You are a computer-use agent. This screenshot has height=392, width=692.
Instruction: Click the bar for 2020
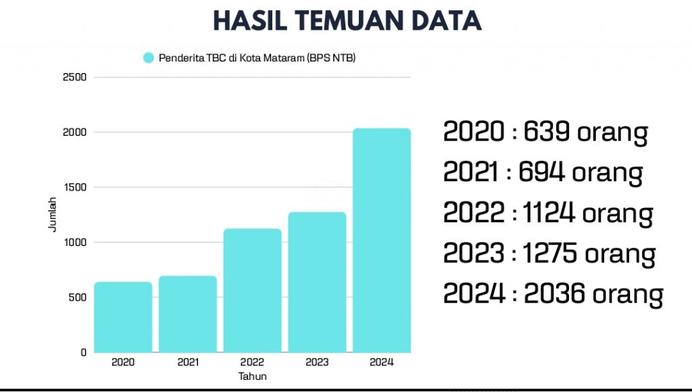123,317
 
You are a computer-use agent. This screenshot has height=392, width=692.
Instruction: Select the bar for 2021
188,314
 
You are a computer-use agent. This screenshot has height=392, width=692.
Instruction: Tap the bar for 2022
253,291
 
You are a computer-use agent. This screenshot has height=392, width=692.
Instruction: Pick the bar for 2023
318,282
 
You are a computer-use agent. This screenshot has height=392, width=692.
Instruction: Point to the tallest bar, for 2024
382,241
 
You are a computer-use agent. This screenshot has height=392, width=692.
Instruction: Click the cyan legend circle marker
149,58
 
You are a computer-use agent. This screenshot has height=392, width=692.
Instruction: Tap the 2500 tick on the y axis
74,77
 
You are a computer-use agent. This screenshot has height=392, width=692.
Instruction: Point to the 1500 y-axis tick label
74,187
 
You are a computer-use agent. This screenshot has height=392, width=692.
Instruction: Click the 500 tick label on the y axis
77,297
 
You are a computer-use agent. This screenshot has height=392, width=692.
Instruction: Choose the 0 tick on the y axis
83,353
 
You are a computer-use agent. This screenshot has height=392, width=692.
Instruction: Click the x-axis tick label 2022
253,362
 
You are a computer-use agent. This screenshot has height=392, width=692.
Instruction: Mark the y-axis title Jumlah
53,214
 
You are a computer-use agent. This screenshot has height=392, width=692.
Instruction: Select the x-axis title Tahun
253,376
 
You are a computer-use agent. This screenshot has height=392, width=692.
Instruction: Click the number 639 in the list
546,131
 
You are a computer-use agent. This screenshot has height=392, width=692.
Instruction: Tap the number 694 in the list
541,171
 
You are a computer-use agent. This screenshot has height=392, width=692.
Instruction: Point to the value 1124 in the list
549,212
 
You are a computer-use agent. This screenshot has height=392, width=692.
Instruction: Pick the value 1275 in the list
550,253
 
